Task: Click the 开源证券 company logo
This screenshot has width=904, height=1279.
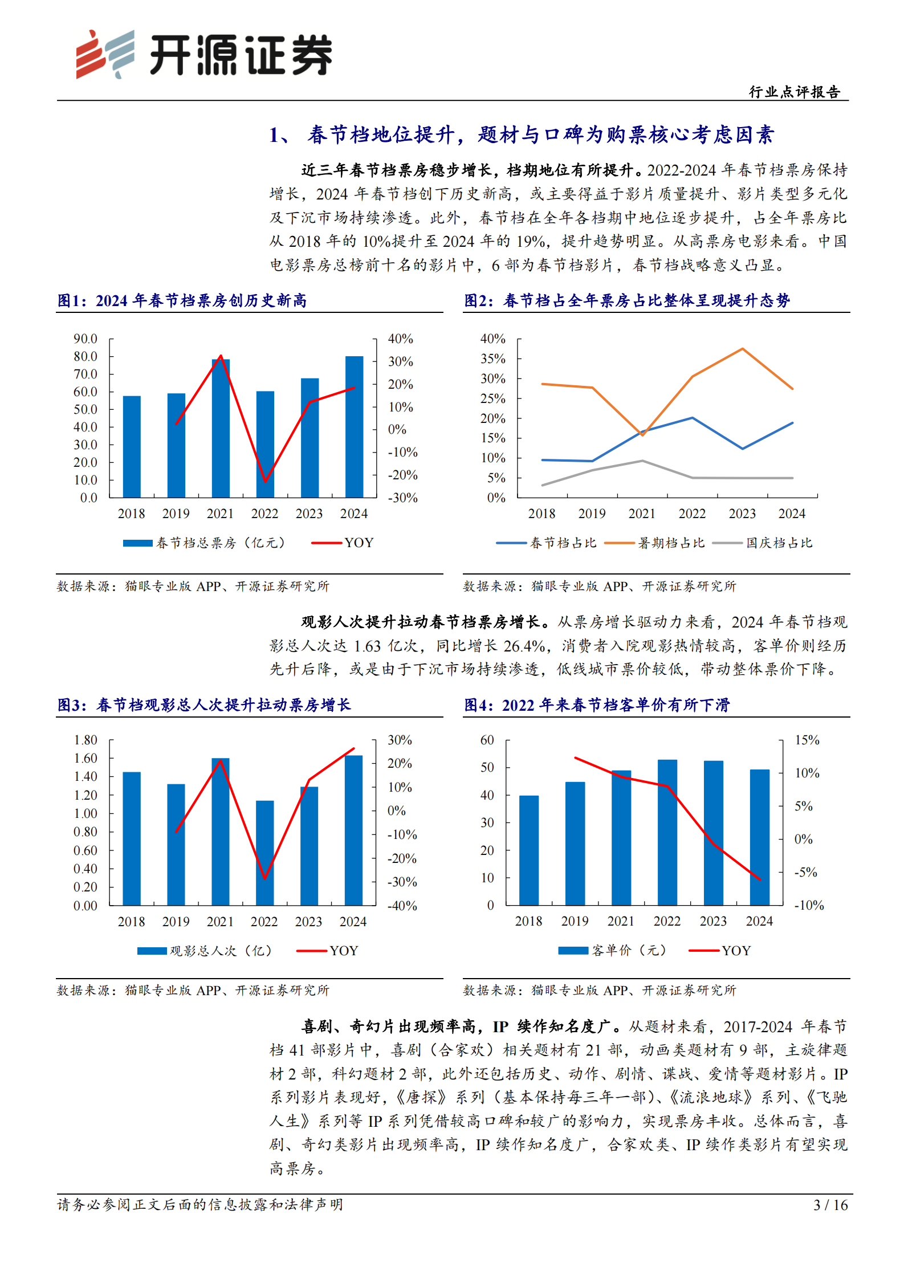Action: (203, 55)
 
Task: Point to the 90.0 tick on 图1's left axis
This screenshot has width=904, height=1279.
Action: (85, 339)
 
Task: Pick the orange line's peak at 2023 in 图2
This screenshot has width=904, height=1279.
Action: (742, 349)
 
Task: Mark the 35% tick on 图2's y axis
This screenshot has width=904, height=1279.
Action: (492, 359)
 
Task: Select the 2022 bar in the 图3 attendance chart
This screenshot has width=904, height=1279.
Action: (264, 853)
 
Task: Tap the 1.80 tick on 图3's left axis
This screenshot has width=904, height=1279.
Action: (85, 740)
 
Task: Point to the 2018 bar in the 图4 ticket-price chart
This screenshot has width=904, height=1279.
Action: (528, 850)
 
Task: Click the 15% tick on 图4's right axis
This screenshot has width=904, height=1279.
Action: (807, 740)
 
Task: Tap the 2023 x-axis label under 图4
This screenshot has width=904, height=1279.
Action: (713, 921)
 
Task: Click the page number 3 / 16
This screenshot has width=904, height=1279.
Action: (830, 1205)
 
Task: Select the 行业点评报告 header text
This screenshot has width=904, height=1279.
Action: (794, 92)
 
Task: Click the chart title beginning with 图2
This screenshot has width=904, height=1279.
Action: (627, 300)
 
